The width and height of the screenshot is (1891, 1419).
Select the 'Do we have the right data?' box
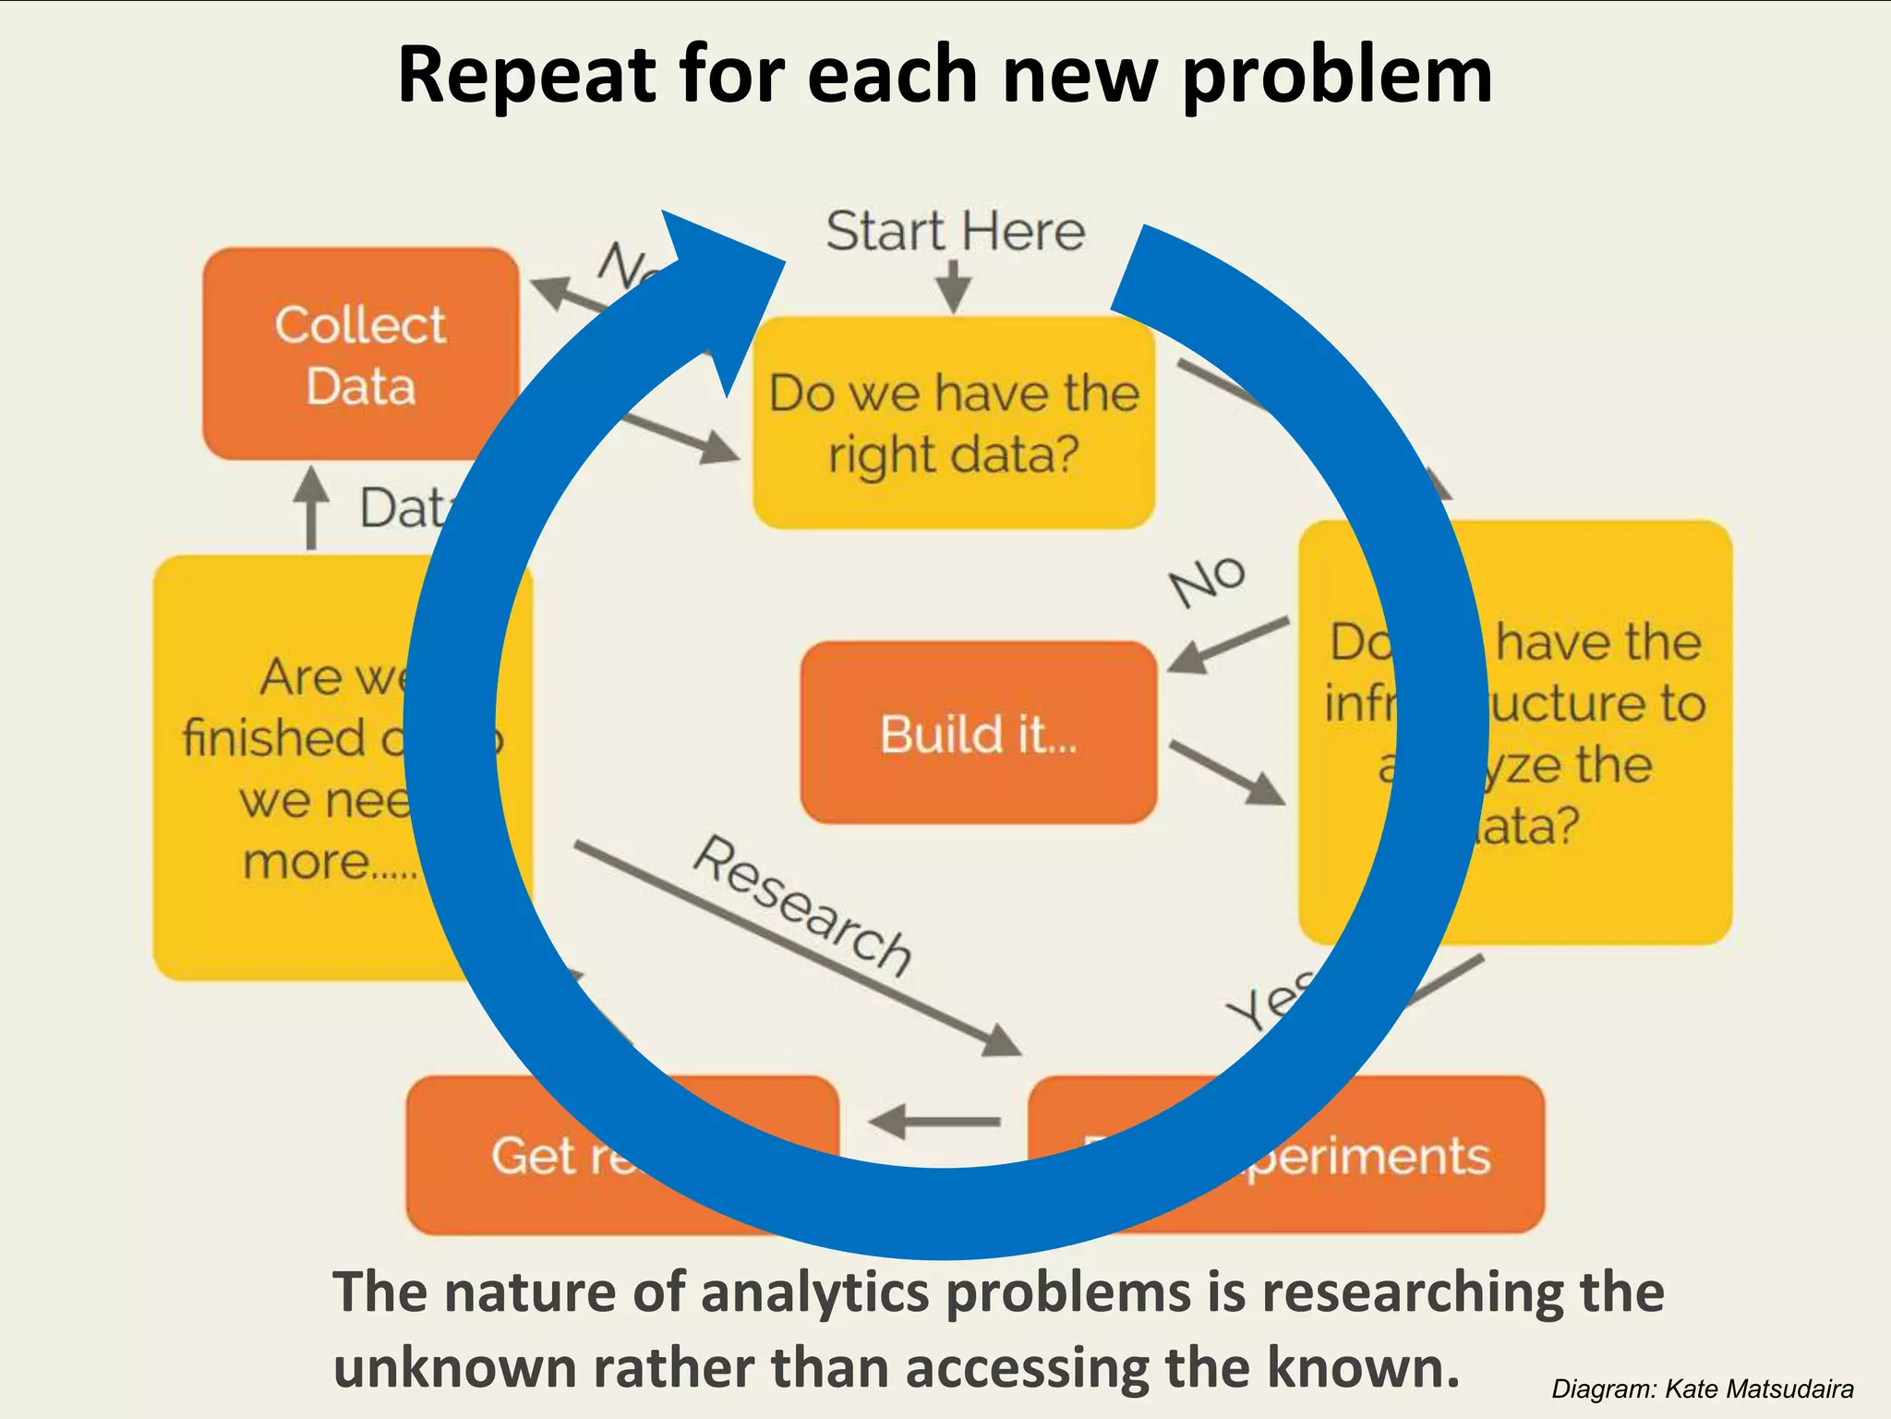coord(953,423)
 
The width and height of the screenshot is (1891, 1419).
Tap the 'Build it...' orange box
coord(978,733)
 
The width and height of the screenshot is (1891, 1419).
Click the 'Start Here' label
coord(955,231)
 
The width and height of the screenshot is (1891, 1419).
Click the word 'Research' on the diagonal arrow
coord(802,906)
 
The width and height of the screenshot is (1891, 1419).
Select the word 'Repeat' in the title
coord(527,75)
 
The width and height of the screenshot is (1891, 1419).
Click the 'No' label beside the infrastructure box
coord(1207,580)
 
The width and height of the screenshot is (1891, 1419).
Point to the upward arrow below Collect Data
coord(311,508)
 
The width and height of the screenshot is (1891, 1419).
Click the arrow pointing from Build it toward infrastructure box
coord(1228,772)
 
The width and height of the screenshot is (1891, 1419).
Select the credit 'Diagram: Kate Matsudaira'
coord(1702,1389)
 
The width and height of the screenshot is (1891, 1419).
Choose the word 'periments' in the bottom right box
coord(1367,1155)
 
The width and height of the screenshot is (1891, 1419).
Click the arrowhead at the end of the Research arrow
coord(1002,1042)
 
